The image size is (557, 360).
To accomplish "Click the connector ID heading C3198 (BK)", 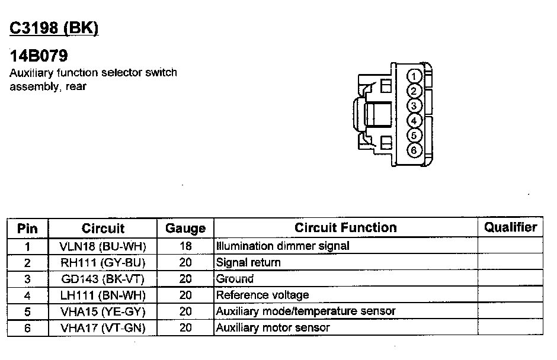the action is tap(54, 28).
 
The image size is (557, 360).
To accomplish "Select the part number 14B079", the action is tap(39, 56).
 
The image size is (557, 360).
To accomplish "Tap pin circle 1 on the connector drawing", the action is tap(415, 76).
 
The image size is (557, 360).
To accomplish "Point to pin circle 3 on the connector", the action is tap(415, 106).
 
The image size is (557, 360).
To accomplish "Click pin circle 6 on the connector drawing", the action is tap(415, 150).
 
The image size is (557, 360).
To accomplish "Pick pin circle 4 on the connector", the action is tap(415, 121).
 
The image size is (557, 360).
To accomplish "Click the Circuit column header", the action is tap(103, 228).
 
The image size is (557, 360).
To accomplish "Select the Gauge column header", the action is tap(185, 228).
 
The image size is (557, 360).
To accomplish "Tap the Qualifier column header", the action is tap(510, 227).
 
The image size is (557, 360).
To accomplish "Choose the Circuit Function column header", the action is tap(345, 227).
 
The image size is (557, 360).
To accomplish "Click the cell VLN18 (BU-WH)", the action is tap(103, 246).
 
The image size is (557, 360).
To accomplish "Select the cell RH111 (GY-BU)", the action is tap(103, 262).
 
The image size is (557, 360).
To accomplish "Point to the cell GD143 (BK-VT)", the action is tap(103, 278).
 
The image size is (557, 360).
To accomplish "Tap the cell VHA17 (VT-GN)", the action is tap(103, 327).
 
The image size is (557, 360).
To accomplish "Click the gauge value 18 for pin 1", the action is tap(185, 246).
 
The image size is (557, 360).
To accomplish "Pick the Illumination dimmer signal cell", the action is tap(283, 246).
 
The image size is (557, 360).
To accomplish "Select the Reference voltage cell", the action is tap(263, 295).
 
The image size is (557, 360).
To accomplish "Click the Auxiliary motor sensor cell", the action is tap(273, 327).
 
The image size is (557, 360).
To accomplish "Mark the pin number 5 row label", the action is tap(27, 311).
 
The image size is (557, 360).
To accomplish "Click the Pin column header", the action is tap(27, 228).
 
